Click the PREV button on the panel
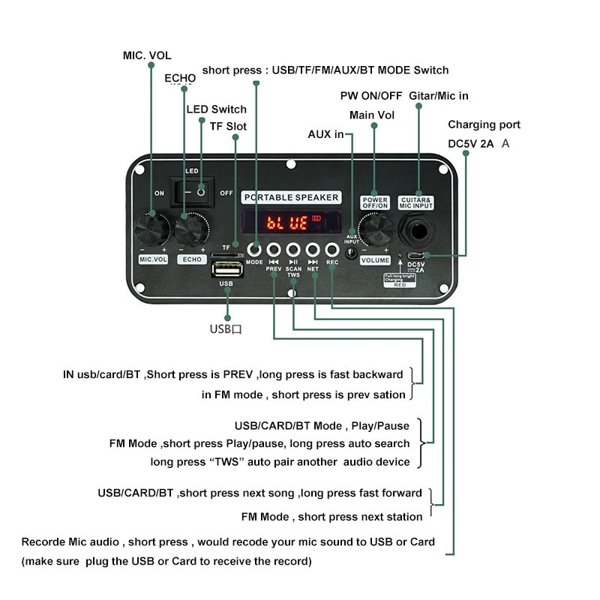pos(274,250)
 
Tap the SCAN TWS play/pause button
pos(293,250)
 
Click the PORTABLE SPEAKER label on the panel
pos(291,197)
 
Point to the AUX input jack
pos(350,254)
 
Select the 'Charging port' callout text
pos(484,124)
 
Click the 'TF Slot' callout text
pos(227,126)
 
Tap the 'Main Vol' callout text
pos(371,115)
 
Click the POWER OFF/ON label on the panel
pos(374,201)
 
